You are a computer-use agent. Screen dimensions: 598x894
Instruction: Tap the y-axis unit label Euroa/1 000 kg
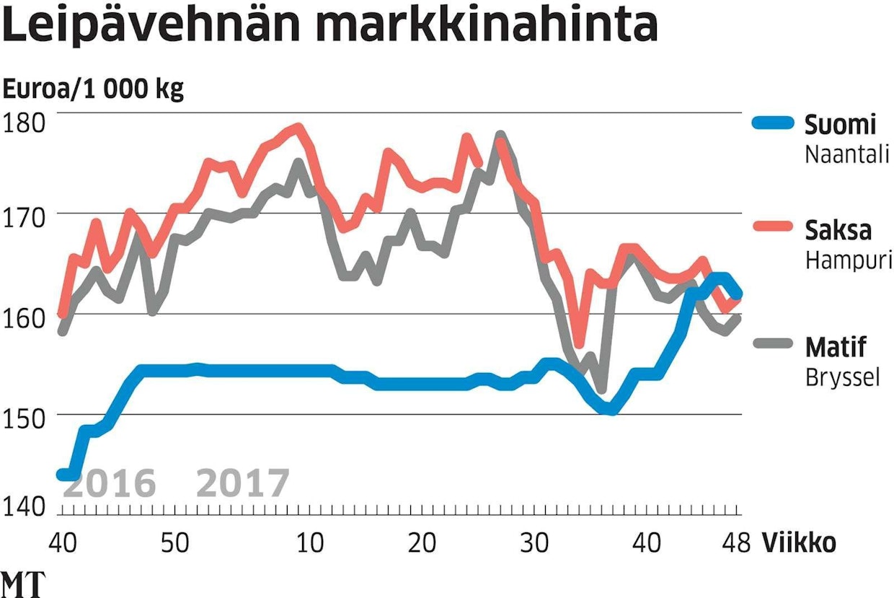(94, 90)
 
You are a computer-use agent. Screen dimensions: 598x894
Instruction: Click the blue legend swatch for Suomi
(774, 124)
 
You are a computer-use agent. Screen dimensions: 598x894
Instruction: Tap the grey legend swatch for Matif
(774, 347)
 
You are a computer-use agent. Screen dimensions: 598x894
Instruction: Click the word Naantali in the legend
(846, 155)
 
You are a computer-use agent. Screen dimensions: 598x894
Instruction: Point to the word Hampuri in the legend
(848, 261)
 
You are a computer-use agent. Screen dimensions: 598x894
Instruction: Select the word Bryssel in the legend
(842, 377)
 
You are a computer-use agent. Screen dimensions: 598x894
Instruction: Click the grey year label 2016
(110, 484)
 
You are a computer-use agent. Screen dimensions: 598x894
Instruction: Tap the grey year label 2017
(243, 484)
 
